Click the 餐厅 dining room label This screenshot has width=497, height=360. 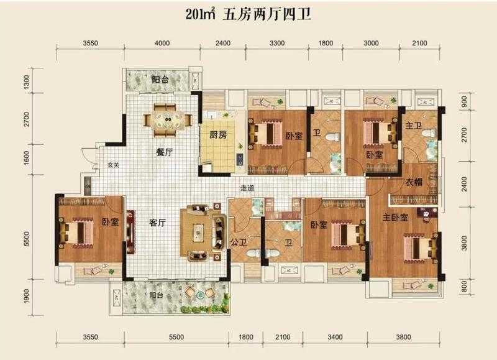pos(164,152)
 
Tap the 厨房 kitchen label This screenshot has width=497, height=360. pos(219,135)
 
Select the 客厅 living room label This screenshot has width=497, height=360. pos(157,223)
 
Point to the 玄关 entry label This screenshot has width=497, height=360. pos(113,165)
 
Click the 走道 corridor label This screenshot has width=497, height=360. pos(247,188)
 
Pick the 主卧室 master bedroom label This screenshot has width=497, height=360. pos(395,218)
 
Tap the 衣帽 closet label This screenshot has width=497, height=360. pos(414,182)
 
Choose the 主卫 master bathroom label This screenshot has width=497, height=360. pos(414,126)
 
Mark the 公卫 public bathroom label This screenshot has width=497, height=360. pos(239,243)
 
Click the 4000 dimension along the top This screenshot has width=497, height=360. pos(162,43)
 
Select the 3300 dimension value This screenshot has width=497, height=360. pos(277,43)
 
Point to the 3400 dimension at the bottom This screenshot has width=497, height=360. pos(335,337)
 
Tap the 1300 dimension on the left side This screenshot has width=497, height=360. pos(27,81)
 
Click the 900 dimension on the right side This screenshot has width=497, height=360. pos(464,101)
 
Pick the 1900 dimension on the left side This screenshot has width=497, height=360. pos(27,295)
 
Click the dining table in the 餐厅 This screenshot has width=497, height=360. pos(166,120)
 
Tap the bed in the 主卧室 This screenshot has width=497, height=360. pos(419,248)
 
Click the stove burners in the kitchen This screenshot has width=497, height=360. pos(240,160)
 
